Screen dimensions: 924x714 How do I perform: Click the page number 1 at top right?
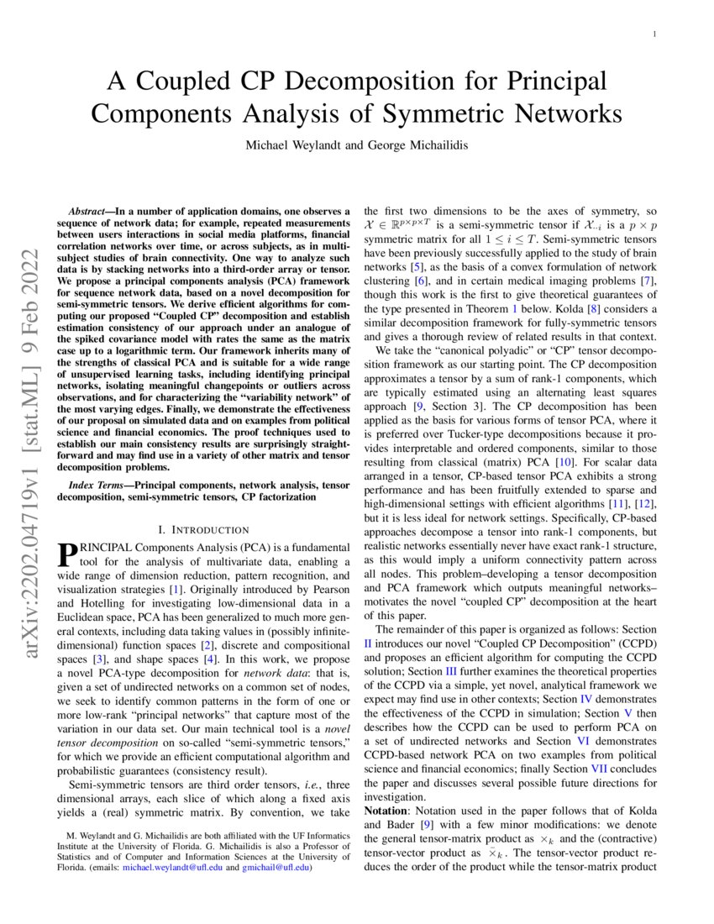(x=654, y=34)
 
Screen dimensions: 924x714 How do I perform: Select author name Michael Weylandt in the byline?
(x=294, y=145)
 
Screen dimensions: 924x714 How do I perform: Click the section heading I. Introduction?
(x=203, y=529)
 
